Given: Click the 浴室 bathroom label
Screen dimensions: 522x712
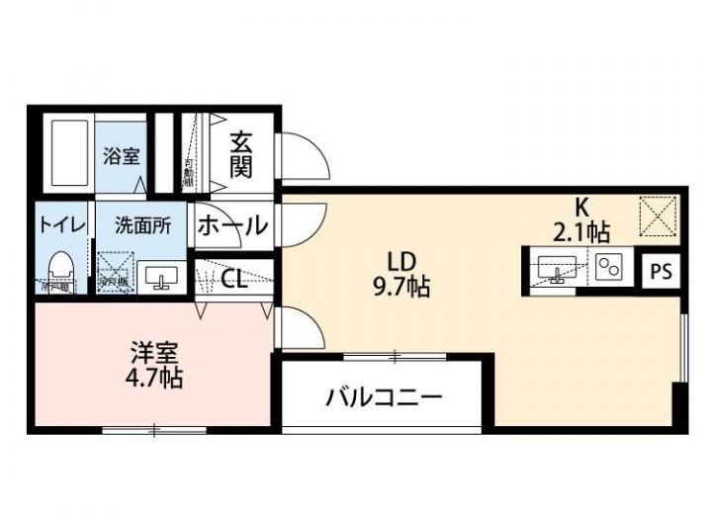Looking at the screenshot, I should tap(123, 155).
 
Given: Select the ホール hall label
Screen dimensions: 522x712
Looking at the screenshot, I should tap(233, 224).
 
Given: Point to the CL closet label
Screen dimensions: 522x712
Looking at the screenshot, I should tap(234, 280).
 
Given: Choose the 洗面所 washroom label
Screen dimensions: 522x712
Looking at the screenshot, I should tap(142, 224).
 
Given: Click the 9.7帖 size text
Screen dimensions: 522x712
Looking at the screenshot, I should tap(401, 288).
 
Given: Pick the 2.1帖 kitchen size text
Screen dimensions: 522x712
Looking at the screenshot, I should tap(581, 232).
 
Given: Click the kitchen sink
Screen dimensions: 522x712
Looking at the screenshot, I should tap(558, 267).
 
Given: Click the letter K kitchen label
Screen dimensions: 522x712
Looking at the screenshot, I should tap(582, 208).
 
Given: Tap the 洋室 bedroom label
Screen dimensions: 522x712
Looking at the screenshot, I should tap(154, 352).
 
